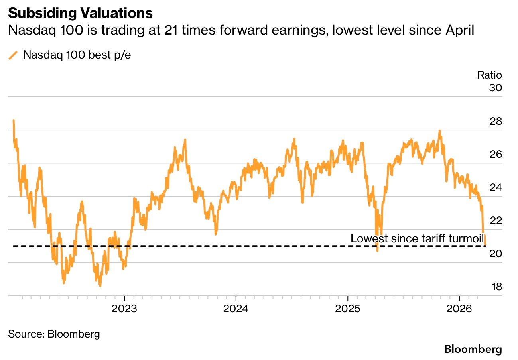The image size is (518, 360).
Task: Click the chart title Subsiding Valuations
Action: (x=80, y=13)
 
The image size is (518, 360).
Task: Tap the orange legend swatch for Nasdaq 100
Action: (x=13, y=55)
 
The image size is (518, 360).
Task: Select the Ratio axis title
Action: (x=490, y=75)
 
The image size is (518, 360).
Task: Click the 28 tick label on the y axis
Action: (x=496, y=122)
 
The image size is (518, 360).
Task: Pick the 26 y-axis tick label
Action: (x=496, y=155)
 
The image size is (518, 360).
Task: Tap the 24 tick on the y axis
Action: (x=496, y=188)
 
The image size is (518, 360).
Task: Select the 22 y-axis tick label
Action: (x=496, y=221)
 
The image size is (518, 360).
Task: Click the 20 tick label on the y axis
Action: (x=496, y=254)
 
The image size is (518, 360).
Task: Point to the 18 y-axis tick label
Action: (x=496, y=287)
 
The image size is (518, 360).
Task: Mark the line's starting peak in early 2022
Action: (x=14, y=120)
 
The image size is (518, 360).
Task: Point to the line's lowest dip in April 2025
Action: (x=377, y=250)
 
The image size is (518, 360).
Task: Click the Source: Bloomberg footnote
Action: (x=54, y=334)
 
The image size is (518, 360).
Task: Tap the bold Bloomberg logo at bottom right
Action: (x=473, y=350)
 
